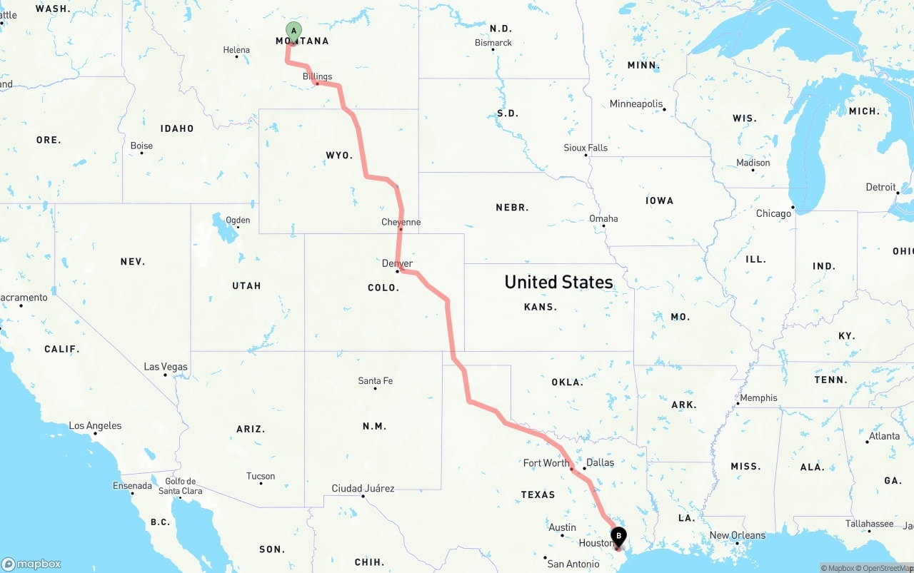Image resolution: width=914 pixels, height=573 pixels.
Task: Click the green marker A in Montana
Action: [293, 31]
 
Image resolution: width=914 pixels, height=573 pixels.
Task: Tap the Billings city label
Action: [317, 76]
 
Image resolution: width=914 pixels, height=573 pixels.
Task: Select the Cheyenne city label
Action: [401, 222]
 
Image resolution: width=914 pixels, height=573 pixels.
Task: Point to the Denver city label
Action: [397, 263]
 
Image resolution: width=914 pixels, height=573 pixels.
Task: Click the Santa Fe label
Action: [375, 381]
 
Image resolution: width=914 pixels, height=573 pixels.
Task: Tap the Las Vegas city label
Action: [166, 367]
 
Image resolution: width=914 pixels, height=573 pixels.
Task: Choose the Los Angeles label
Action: [95, 426]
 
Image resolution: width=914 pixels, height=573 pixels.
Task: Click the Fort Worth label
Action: [546, 463]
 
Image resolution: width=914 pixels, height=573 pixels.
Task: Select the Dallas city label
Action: [600, 462]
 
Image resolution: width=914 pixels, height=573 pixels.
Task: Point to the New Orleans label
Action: [737, 535]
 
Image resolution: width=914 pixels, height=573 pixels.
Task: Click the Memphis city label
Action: [758, 398]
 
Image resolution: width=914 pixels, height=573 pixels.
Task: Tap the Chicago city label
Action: [773, 213]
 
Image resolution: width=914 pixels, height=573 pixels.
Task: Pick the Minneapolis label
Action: [636, 104]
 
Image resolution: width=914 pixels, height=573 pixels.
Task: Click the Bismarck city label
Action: [493, 43]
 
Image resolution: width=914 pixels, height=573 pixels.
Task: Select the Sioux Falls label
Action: [586, 148]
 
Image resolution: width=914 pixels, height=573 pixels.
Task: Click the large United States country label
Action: [558, 282]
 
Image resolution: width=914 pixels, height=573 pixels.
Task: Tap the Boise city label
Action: [141, 146]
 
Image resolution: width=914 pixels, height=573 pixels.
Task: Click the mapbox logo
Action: [31, 564]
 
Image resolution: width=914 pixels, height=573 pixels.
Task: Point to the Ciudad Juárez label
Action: [363, 489]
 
